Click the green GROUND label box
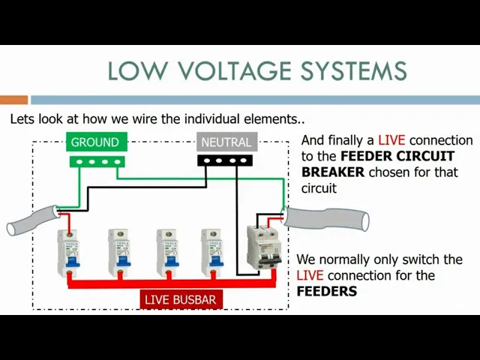94,142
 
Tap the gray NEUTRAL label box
226,142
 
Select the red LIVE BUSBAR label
180,299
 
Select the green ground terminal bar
96,160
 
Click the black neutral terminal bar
224,160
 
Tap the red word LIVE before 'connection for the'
310,275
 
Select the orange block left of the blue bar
13,100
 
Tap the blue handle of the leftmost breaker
71,262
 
